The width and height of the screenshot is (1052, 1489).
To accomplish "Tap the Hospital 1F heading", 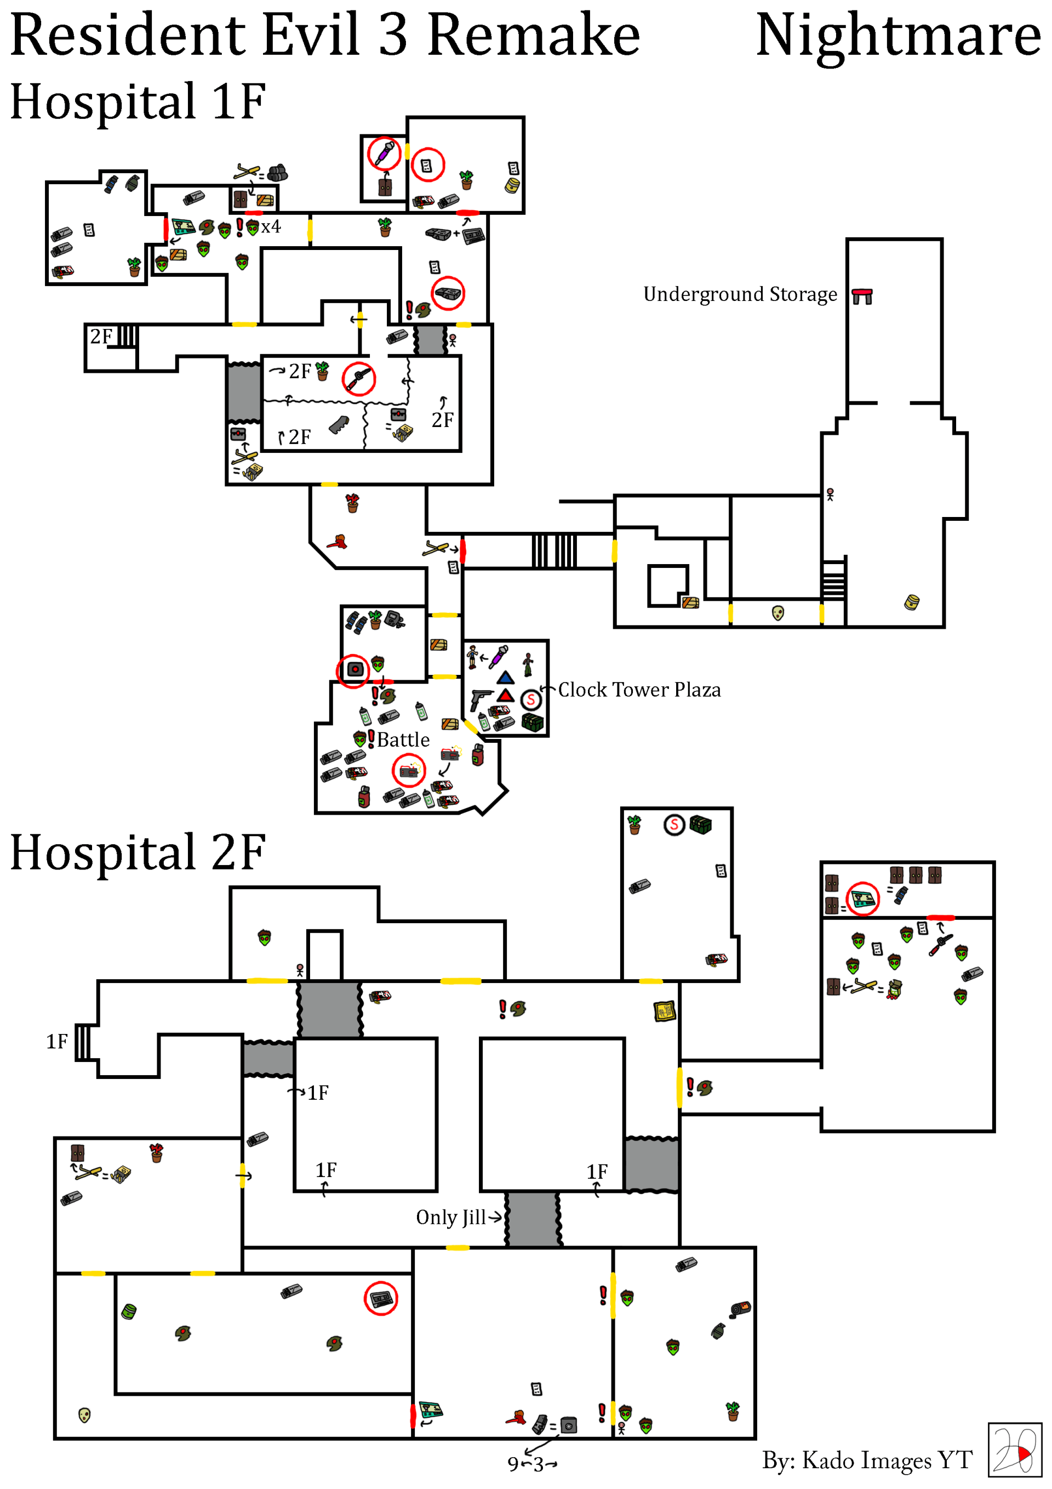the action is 138,102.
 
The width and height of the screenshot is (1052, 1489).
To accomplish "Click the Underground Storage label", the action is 740,294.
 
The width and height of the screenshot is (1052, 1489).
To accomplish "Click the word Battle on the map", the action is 403,740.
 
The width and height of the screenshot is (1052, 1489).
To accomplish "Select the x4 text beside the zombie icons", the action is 271,226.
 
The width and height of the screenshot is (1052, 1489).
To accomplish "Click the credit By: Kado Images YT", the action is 867,1460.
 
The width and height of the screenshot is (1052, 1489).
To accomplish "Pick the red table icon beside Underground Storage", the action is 862,297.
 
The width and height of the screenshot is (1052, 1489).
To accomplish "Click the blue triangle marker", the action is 506,678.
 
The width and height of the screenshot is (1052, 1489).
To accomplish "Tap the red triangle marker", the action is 506,696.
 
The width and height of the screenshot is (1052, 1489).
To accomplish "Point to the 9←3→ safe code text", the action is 532,1464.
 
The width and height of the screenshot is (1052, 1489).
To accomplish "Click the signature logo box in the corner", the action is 1014,1450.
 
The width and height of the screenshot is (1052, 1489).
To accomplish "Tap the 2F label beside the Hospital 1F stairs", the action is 101,337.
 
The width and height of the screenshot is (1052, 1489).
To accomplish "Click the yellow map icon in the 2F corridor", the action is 665,1011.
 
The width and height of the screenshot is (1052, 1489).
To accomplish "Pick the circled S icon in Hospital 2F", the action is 674,825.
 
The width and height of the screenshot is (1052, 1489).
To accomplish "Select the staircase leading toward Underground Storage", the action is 553,551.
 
